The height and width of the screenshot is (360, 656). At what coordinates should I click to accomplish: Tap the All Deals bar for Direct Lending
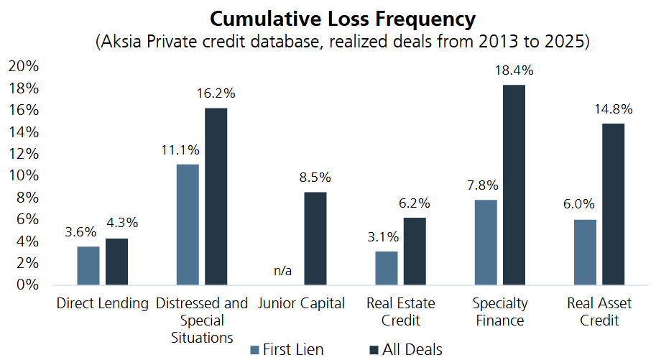coord(116,262)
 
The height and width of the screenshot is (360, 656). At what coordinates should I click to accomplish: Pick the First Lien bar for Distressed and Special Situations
coord(188,224)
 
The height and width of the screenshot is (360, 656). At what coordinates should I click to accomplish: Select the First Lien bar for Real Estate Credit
coord(387,268)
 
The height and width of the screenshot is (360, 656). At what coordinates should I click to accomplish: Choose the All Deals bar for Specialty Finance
coord(514,185)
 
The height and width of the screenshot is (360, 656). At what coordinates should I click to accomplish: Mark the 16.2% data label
coord(216,93)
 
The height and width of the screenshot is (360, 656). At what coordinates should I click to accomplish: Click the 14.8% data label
coord(614,109)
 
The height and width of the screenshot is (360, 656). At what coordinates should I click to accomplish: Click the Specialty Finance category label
coord(500,312)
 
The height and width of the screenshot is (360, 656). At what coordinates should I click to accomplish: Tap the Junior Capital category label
coord(302,303)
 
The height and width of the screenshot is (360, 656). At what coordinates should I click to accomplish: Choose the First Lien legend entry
coord(287,350)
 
